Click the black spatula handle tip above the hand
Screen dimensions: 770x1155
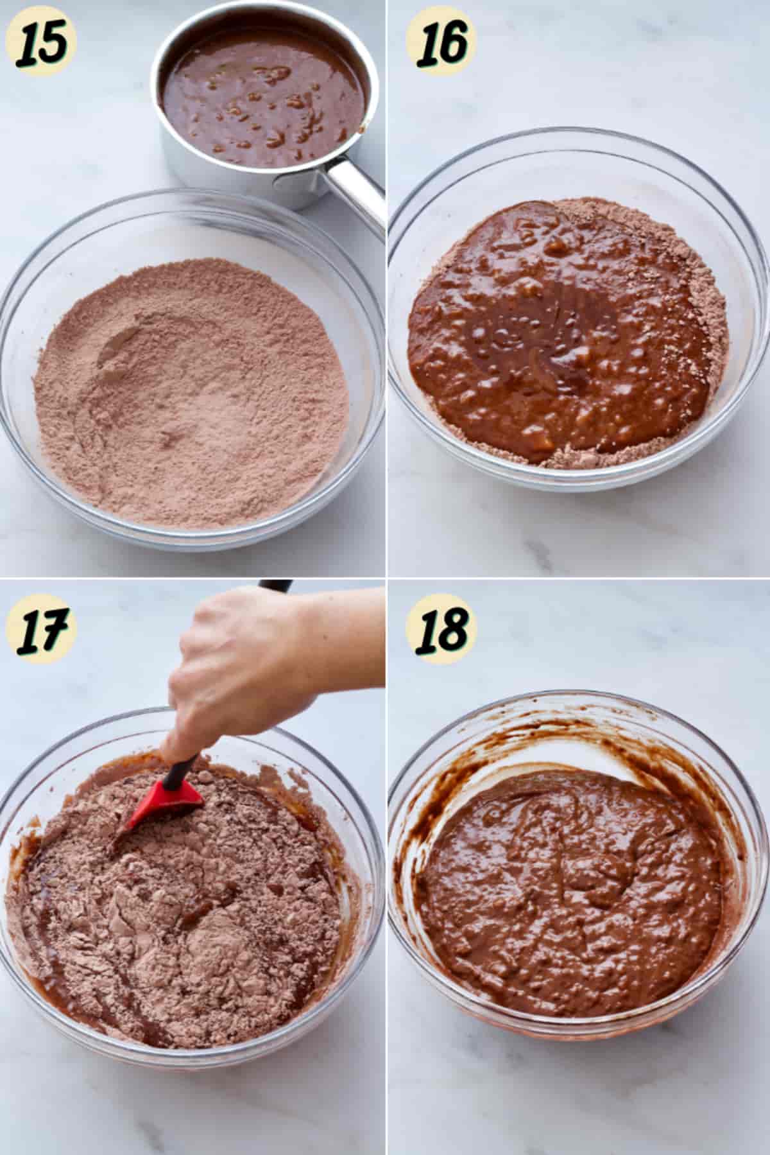coord(276,586)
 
